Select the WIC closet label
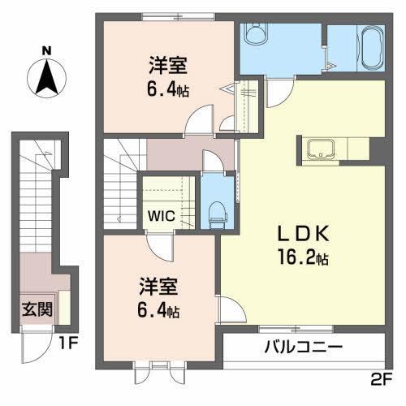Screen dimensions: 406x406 (158, 217)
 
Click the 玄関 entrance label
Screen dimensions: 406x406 (35, 309)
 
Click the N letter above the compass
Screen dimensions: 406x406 (47, 50)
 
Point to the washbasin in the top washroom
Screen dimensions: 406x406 (254, 34)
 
